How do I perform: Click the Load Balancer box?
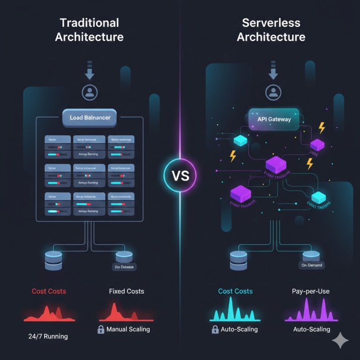point(89,118)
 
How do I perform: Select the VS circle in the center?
point(179,176)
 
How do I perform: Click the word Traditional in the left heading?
point(89,23)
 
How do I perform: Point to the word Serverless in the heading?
point(272,23)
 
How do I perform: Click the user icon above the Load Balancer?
point(89,92)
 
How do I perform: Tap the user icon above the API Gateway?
point(273,92)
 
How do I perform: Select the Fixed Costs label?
point(126,291)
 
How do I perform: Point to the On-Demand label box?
point(312,265)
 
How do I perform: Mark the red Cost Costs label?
point(49,291)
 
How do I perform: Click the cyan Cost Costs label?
point(235,291)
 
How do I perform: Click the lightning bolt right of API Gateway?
point(322,128)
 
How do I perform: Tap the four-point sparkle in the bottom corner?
point(340,340)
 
